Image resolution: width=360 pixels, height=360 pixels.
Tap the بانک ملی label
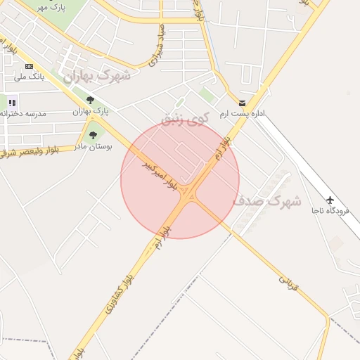coord(30,76)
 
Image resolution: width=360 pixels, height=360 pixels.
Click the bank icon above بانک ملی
coord(29,66)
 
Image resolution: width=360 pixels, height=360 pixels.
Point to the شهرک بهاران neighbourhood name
coord(96,75)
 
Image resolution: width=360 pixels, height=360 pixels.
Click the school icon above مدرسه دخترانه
coord(12,103)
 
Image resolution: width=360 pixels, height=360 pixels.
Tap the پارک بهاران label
coord(91,111)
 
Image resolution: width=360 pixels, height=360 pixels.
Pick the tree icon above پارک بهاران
coord(90,101)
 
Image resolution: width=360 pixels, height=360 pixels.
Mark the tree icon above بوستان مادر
coord(93,135)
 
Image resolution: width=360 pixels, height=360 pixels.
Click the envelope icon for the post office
coord(243,103)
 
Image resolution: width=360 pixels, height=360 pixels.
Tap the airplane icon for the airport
coord(330,200)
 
